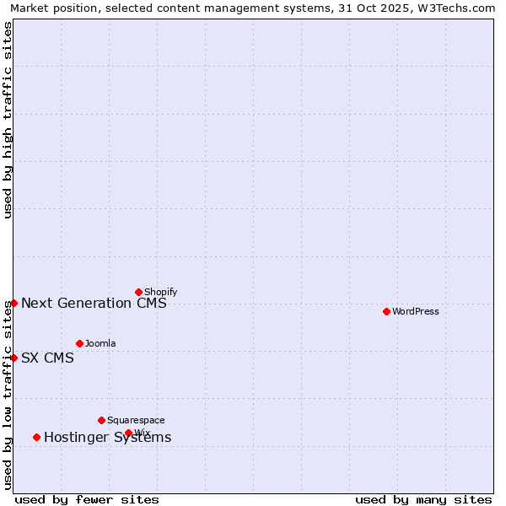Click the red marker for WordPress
386,311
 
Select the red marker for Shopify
138,292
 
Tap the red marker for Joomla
79,343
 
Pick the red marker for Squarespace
101,420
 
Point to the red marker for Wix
128,433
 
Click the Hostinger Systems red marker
36,437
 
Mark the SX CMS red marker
13,358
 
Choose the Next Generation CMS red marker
13,303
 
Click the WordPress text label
416,311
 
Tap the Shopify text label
161,292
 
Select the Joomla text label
100,343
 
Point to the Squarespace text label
136,420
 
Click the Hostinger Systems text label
107,437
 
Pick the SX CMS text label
47,358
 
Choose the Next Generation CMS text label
94,303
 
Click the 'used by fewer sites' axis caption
87,499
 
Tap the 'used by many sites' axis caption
423,499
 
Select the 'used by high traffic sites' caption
8,120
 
